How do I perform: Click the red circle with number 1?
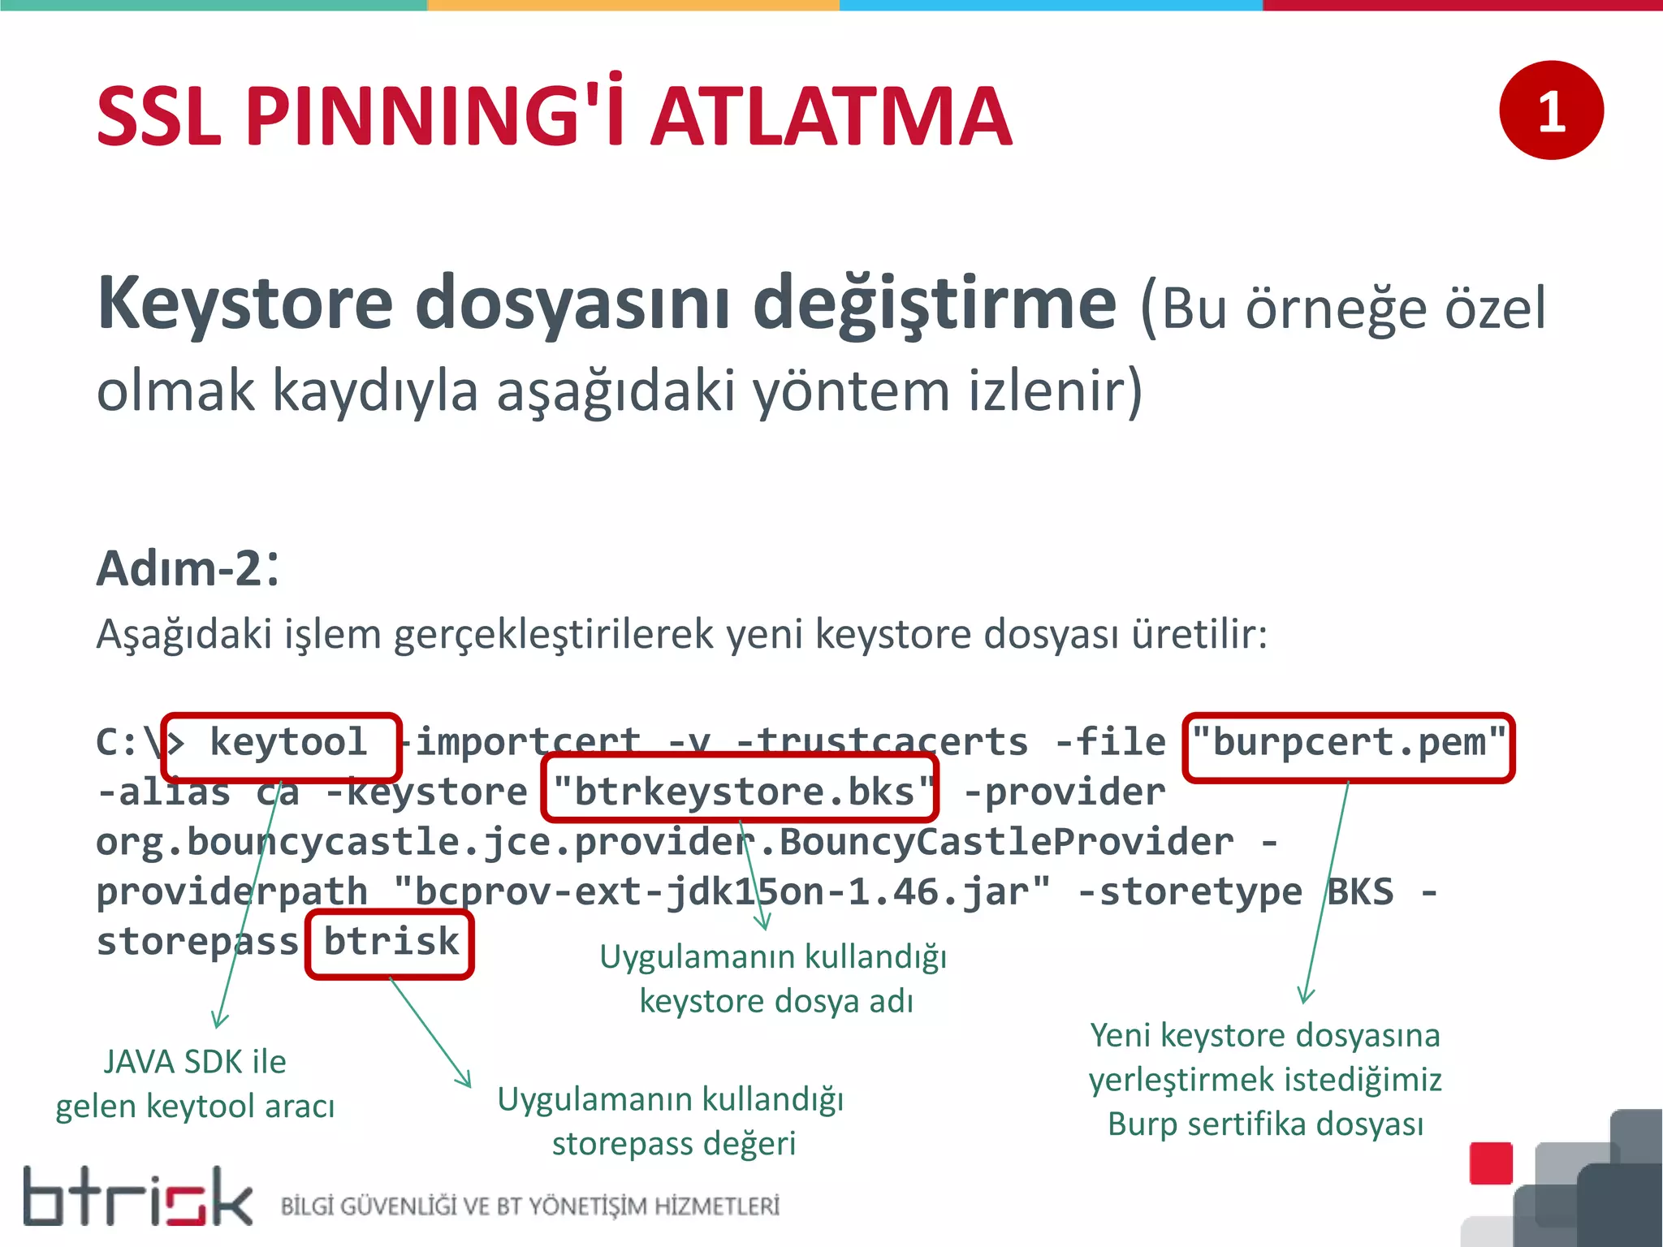(x=1550, y=110)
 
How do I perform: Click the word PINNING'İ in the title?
(x=434, y=116)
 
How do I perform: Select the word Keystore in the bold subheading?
(x=244, y=303)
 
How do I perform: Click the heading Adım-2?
(x=188, y=567)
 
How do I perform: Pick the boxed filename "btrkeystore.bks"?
(x=740, y=791)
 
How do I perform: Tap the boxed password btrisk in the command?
(x=391, y=942)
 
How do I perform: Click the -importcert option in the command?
(x=524, y=741)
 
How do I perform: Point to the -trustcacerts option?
(x=881, y=741)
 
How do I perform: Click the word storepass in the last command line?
(x=197, y=942)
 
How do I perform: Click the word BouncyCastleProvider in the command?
(x=1005, y=842)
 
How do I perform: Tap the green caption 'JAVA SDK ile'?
(x=195, y=1062)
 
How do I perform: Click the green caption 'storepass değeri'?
(x=673, y=1143)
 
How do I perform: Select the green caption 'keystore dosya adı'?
(x=775, y=1001)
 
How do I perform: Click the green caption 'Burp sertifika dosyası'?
(x=1264, y=1124)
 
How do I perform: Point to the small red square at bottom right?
(x=1490, y=1163)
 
